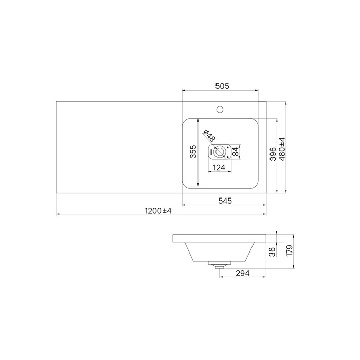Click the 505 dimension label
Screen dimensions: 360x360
click(x=222, y=86)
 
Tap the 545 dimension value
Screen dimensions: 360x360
click(x=225, y=201)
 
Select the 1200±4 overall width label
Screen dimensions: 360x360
click(x=158, y=211)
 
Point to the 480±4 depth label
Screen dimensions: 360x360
click(x=282, y=149)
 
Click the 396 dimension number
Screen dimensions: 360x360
click(x=273, y=154)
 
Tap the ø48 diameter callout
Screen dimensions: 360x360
click(x=209, y=136)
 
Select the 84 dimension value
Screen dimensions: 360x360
click(x=236, y=152)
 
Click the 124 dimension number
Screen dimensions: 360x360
click(x=219, y=168)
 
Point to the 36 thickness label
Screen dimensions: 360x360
click(x=272, y=252)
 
